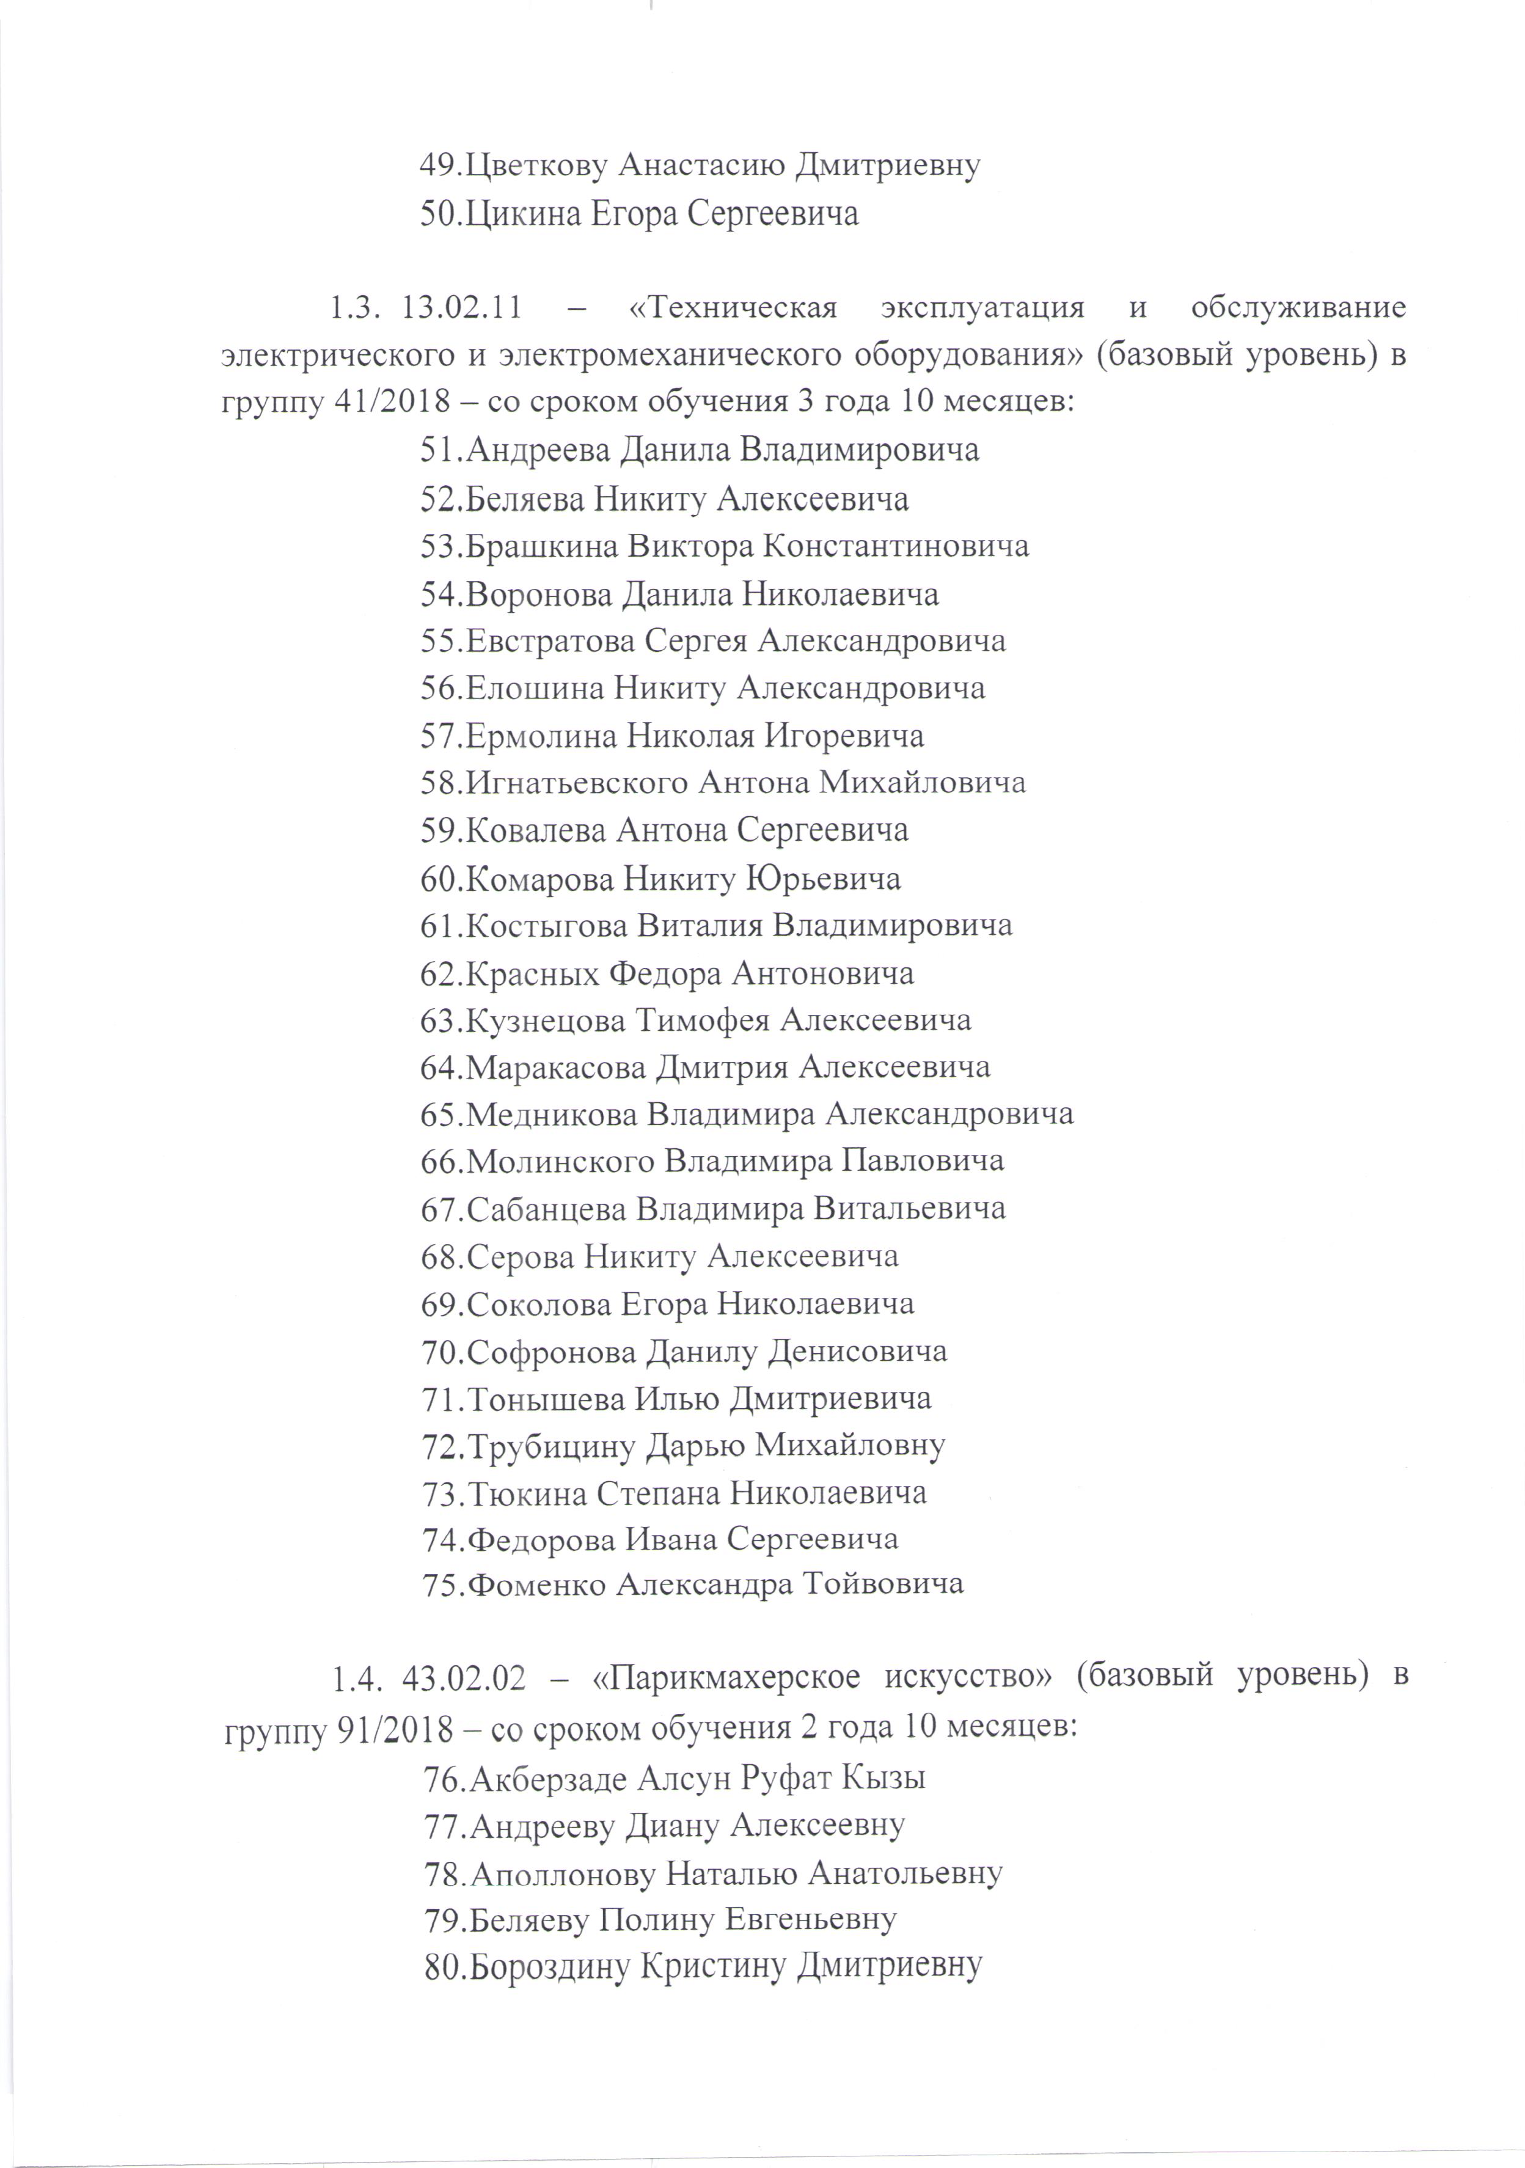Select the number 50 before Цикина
439,215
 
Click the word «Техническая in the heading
733,309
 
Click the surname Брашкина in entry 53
542,547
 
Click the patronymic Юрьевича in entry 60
824,879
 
